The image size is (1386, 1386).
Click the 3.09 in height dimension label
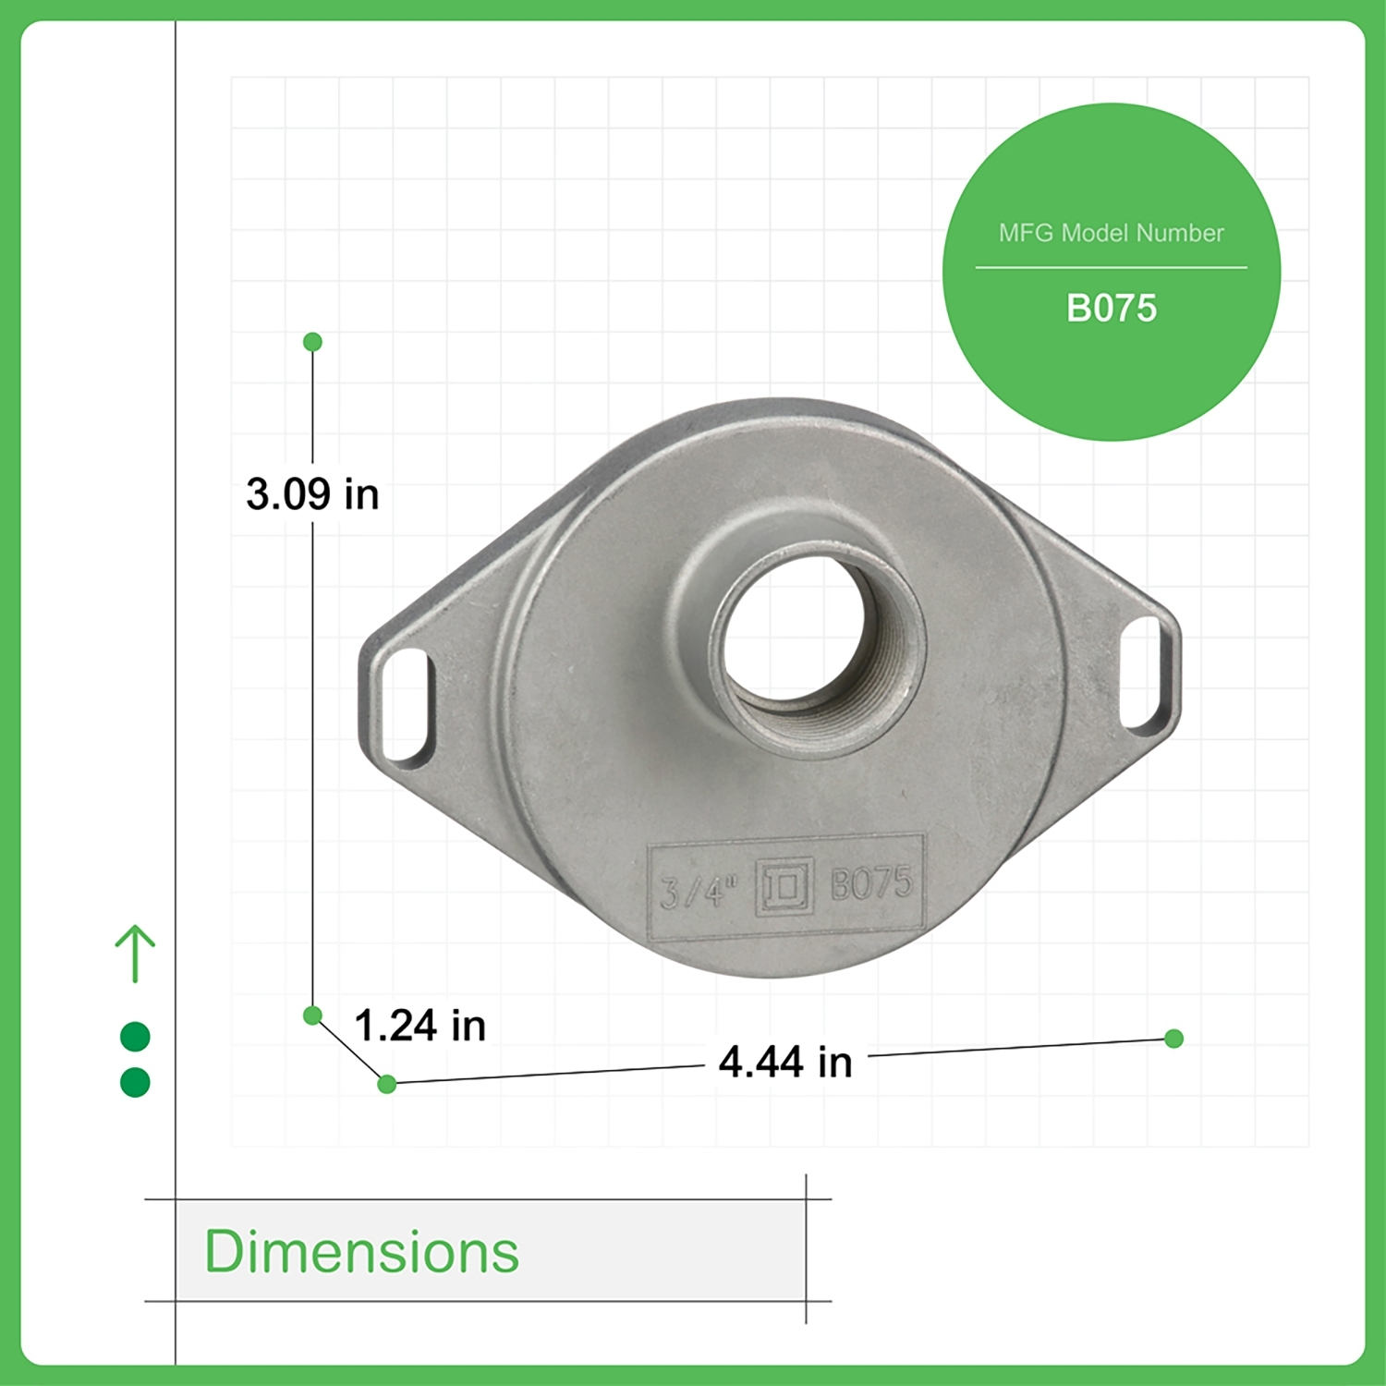(312, 494)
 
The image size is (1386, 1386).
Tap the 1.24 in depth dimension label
(420, 1026)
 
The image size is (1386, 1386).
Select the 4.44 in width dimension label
(785, 1062)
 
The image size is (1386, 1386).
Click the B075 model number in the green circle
(1112, 309)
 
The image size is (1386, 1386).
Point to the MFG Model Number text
(1112, 233)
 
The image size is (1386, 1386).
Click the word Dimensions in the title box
(361, 1252)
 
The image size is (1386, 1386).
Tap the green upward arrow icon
(135, 954)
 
